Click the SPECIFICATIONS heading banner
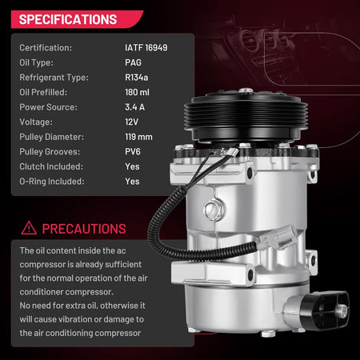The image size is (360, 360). [x=77, y=19]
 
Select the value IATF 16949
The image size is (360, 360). [x=146, y=48]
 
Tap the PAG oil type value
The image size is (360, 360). [x=133, y=62]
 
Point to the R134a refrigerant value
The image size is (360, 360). [x=136, y=78]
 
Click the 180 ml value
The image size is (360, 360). [x=137, y=92]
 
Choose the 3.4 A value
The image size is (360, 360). [x=134, y=107]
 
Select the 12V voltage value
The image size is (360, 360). [x=131, y=122]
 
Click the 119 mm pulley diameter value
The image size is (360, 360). [x=138, y=137]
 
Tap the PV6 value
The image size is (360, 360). [x=133, y=152]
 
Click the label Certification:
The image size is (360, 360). [x=46, y=48]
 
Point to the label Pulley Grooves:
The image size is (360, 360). [x=50, y=152]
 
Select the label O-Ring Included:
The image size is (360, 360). [x=52, y=182]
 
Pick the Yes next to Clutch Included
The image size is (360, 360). [x=132, y=166]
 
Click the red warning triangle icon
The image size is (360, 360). [x=29, y=228]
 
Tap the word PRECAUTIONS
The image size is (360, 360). [x=84, y=229]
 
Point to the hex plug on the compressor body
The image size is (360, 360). [x=213, y=210]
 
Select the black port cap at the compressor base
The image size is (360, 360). [x=326, y=310]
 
